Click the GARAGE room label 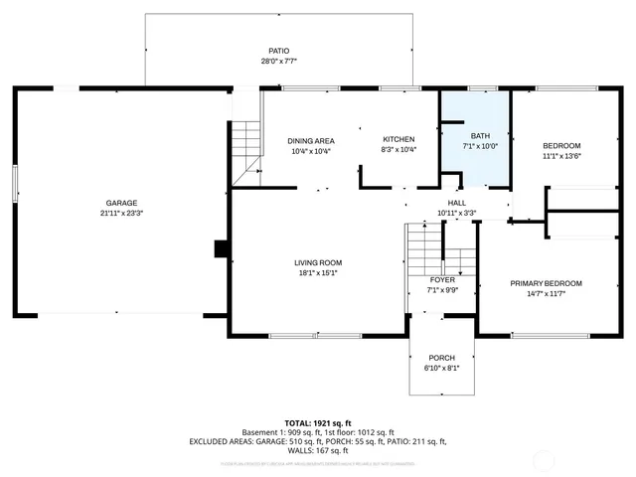pos(121,203)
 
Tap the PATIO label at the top pos(277,51)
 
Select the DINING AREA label pos(310,140)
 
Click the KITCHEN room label pos(398,139)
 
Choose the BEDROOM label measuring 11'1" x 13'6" pos(561,145)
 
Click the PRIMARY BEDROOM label pos(546,283)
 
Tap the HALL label pos(456,203)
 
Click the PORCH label pos(441,358)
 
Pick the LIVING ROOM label pos(318,262)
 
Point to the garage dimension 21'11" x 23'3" pos(121,214)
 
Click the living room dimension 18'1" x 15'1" pos(318,273)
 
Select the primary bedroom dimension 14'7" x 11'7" pos(546,294)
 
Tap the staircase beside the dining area pos(245,147)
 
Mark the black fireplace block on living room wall pos(222,248)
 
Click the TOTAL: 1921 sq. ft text pos(318,422)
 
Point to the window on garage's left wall pos(14,186)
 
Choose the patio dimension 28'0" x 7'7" pos(277,62)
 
